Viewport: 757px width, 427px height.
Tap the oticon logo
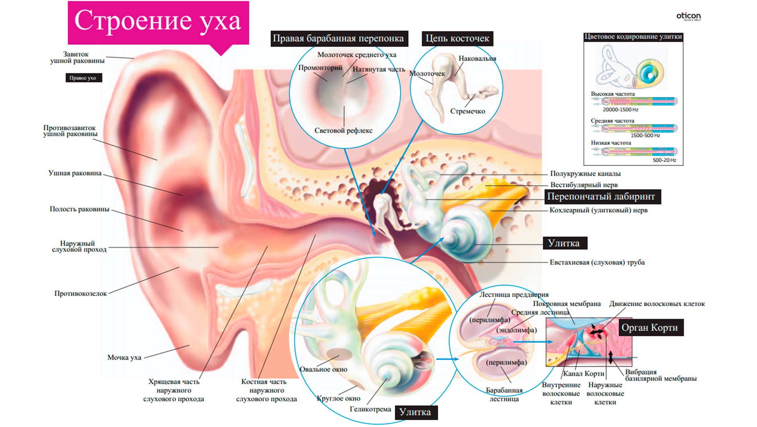pyautogui.click(x=688, y=17)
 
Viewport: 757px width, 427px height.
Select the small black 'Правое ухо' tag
pyautogui.click(x=83, y=78)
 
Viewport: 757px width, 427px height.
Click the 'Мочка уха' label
pyautogui.click(x=124, y=357)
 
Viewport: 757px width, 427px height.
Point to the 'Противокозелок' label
pyautogui.click(x=81, y=294)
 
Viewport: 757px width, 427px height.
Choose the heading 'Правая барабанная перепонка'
pyautogui.click(x=338, y=39)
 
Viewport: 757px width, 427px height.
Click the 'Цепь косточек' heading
pyautogui.click(x=457, y=39)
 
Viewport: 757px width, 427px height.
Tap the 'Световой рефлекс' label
pyautogui.click(x=343, y=131)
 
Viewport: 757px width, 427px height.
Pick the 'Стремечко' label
pyautogui.click(x=467, y=111)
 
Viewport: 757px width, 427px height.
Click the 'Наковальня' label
pyautogui.click(x=477, y=59)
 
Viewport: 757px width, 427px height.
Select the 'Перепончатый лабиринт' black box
pyautogui.click(x=601, y=197)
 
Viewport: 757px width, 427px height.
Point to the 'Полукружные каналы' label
pyautogui.click(x=585, y=174)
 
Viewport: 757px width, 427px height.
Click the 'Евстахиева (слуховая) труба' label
pyautogui.click(x=597, y=262)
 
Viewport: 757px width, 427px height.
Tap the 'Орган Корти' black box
pyautogui.click(x=649, y=328)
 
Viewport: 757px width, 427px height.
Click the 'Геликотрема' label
pyautogui.click(x=370, y=409)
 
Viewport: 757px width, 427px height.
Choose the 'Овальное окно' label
pyautogui.click(x=323, y=369)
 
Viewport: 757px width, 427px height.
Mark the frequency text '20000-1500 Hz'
pyautogui.click(x=620, y=110)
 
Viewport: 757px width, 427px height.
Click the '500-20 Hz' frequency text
pyautogui.click(x=664, y=160)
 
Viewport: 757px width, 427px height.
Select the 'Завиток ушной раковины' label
pyautogui.click(x=77, y=57)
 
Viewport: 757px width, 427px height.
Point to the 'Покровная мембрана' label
pyautogui.click(x=567, y=304)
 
